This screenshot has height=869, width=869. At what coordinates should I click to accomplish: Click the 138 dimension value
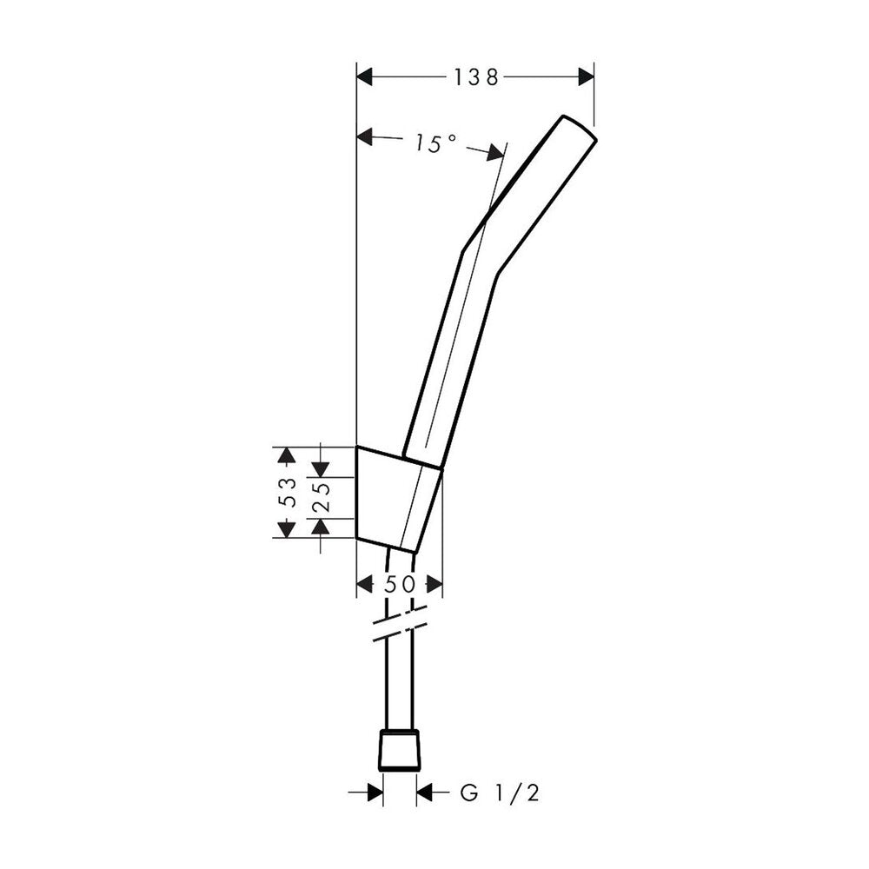pos(476,77)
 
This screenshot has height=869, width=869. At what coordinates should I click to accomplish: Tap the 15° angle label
pos(436,143)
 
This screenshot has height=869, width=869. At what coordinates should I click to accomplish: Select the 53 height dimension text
pos(288,493)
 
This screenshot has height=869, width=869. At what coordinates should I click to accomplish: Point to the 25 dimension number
pos(321,497)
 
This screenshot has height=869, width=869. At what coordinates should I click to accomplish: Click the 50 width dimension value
pos(400,584)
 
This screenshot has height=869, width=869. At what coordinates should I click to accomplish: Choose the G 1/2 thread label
pos(500,793)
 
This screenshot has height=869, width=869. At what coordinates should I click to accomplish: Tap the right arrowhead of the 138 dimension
pos(587,77)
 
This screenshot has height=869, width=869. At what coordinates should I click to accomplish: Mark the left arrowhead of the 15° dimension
pos(365,136)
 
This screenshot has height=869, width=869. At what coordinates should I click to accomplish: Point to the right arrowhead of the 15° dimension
pos(496,154)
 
